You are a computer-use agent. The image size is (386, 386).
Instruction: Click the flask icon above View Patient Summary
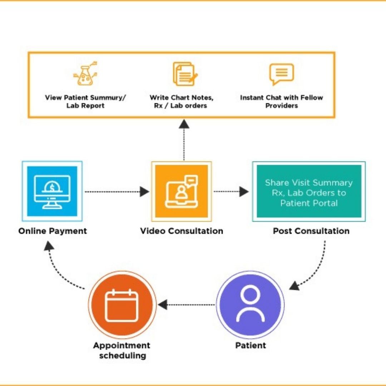click(x=85, y=74)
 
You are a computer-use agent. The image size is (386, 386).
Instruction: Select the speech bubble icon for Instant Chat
click(x=281, y=74)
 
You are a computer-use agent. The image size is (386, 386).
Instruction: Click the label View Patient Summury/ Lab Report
click(x=85, y=102)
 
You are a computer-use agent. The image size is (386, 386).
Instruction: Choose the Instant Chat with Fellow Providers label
click(x=281, y=102)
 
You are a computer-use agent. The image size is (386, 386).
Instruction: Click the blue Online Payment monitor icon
click(x=52, y=191)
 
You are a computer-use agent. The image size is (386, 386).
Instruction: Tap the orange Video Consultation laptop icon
click(x=182, y=191)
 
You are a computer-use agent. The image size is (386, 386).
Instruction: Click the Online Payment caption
click(x=53, y=231)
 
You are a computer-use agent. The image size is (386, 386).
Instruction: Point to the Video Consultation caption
click(x=182, y=231)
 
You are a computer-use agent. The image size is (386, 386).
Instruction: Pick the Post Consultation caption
click(x=311, y=231)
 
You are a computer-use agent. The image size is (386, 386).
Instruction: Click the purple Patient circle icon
click(x=250, y=305)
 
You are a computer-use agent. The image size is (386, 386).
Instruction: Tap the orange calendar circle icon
click(x=122, y=305)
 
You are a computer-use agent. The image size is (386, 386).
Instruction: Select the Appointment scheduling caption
click(x=122, y=350)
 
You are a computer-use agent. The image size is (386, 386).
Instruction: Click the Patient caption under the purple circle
click(x=251, y=346)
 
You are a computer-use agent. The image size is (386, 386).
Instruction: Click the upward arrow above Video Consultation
click(x=184, y=139)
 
